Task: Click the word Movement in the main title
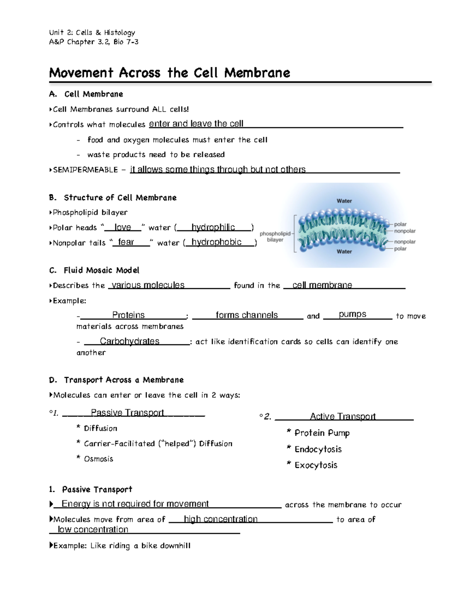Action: coord(81,73)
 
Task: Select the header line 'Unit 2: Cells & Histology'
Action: coord(92,32)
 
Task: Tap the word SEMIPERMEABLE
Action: coord(85,170)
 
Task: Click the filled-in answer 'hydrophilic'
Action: coord(213,227)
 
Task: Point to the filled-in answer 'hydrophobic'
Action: coord(217,242)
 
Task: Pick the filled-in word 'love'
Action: coord(123,227)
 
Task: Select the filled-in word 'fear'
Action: coord(126,242)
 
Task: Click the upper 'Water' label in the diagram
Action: coord(344,201)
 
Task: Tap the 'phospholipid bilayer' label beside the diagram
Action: coord(275,236)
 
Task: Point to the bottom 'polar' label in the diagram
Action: coord(400,249)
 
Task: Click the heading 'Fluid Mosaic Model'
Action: coord(101,270)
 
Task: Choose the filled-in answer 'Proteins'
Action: coord(128,315)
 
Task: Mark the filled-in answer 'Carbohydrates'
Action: coord(130,341)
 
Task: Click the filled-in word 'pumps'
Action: coord(352,314)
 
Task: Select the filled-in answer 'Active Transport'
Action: coord(343,416)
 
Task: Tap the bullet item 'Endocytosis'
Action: coord(318,449)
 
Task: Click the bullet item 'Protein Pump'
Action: coord(322,433)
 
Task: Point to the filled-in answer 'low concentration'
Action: coord(93,530)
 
